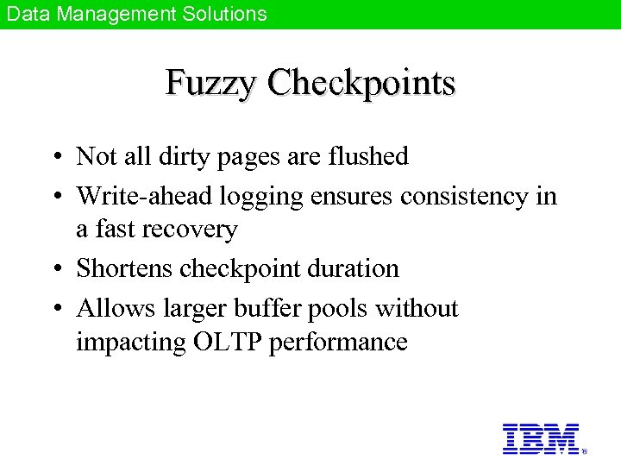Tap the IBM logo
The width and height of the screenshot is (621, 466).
[541, 438]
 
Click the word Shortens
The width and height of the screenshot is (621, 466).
[124, 268]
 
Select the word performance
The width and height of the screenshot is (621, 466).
[338, 343]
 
